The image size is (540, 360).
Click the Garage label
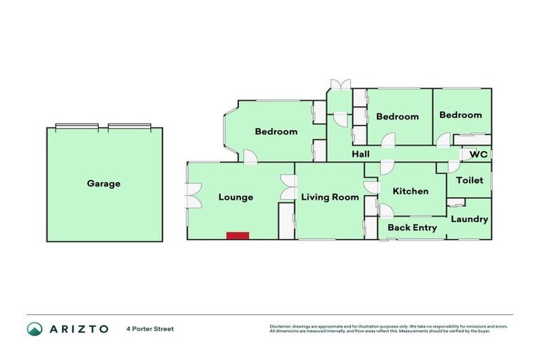pyautogui.click(x=103, y=184)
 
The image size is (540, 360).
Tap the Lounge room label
pyautogui.click(x=236, y=198)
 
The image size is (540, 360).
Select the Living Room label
pyautogui.click(x=330, y=198)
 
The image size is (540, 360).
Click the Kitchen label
pyautogui.click(x=410, y=191)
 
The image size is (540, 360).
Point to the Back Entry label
pyautogui.click(x=412, y=228)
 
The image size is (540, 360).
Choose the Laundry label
pyautogui.click(x=469, y=219)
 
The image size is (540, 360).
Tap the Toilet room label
pyautogui.click(x=470, y=181)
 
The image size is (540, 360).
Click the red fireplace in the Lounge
pyautogui.click(x=238, y=236)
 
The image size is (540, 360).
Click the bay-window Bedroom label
pyautogui.click(x=276, y=131)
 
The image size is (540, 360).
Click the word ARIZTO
pyautogui.click(x=79, y=328)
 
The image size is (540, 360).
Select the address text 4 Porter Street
pyautogui.click(x=150, y=328)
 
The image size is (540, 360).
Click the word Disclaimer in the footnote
pyautogui.click(x=280, y=326)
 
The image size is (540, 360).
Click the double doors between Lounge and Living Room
pyautogui.click(x=287, y=186)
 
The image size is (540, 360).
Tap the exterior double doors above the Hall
pyautogui.click(x=341, y=85)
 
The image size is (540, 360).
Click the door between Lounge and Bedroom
pyautogui.click(x=249, y=157)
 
